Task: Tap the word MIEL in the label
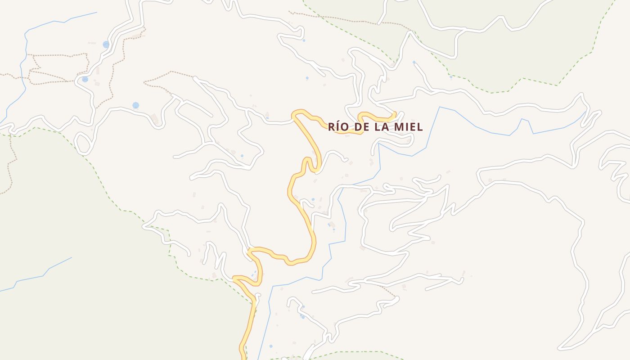click(x=408, y=127)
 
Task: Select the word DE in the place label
click(x=362, y=127)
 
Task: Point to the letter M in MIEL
click(x=399, y=127)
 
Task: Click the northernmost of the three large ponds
click(x=106, y=45)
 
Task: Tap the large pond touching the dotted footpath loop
click(x=85, y=79)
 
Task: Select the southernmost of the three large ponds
click(x=135, y=105)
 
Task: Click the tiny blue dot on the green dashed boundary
click(x=451, y=77)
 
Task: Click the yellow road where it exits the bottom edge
click(x=243, y=356)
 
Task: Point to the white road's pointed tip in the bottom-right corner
click(x=560, y=348)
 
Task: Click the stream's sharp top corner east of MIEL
click(x=440, y=107)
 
